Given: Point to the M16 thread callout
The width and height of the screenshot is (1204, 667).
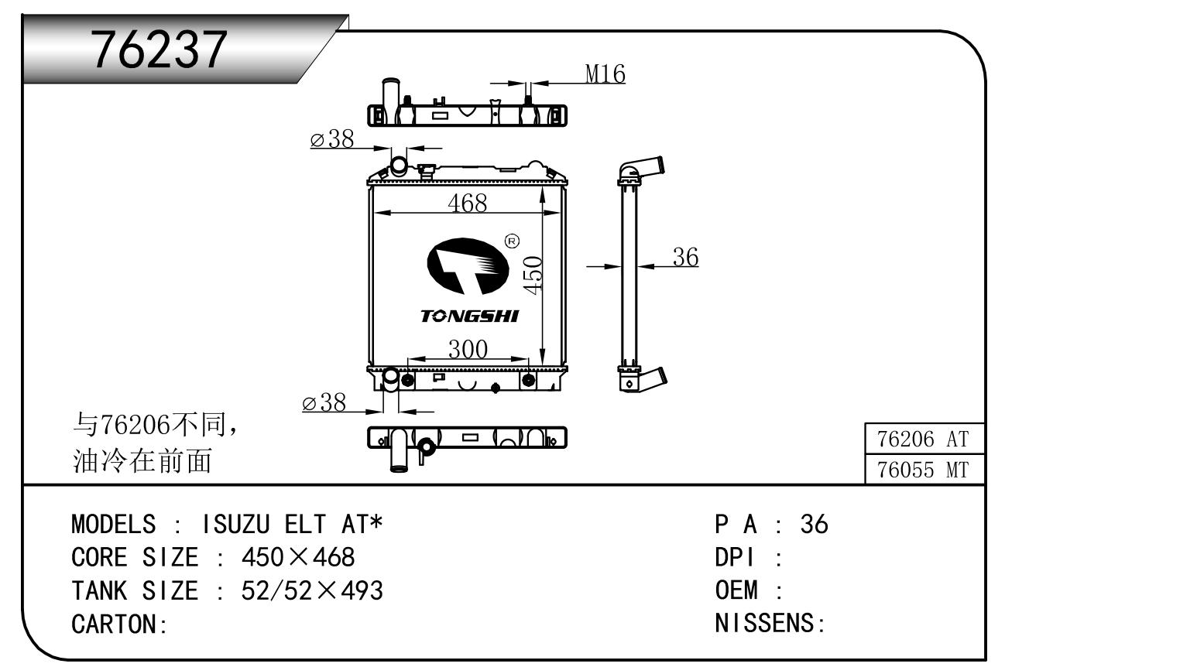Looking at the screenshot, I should pyautogui.click(x=605, y=74).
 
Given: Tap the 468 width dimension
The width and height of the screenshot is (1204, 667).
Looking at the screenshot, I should pyautogui.click(x=468, y=202).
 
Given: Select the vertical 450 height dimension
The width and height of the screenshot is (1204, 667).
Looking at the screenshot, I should pyautogui.click(x=533, y=274).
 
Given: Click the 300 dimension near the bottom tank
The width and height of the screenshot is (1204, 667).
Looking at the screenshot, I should pyautogui.click(x=468, y=349).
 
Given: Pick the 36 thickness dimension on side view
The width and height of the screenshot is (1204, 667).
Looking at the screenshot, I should pyautogui.click(x=685, y=257).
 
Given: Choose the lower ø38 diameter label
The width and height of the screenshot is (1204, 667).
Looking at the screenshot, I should pyautogui.click(x=324, y=402).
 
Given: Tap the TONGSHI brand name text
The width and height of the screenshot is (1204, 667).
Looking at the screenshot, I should pyautogui.click(x=469, y=316).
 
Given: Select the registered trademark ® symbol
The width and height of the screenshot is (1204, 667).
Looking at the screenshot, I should pyautogui.click(x=512, y=241).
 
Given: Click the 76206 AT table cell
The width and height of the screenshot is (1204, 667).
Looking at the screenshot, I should pyautogui.click(x=923, y=439).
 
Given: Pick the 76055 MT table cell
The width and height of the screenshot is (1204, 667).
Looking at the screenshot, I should pyautogui.click(x=923, y=470).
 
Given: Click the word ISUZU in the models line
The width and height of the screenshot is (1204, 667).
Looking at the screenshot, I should pyautogui.click(x=235, y=525).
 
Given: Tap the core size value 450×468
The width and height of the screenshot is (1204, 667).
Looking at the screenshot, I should pyautogui.click(x=298, y=557).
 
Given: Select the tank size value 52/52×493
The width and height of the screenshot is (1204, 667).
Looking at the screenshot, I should pyautogui.click(x=312, y=590).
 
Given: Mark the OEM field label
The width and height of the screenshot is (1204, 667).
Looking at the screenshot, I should pyautogui.click(x=736, y=590).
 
